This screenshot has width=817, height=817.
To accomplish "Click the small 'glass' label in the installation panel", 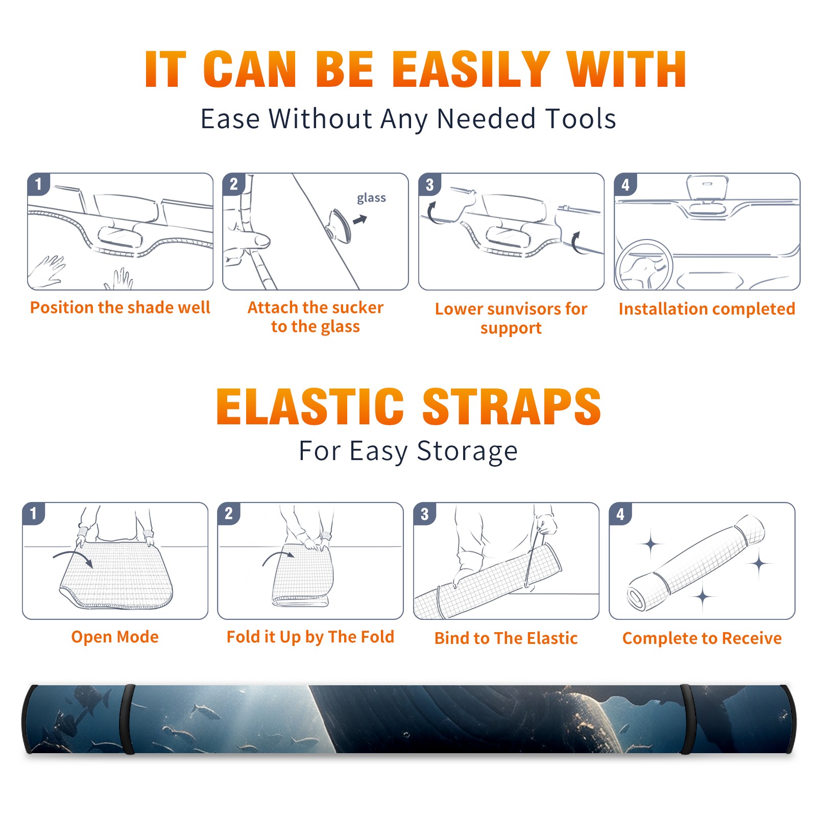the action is pyautogui.click(x=371, y=198).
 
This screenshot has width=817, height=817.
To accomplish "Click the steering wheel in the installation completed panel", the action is pyautogui.click(x=644, y=265).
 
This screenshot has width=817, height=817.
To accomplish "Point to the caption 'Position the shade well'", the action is pyautogui.click(x=120, y=307).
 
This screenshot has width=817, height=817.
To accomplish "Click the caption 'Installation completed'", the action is pyautogui.click(x=707, y=308).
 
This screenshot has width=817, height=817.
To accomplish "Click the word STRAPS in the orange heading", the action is pyautogui.click(x=512, y=406).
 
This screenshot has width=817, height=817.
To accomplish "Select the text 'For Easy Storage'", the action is pyautogui.click(x=408, y=451).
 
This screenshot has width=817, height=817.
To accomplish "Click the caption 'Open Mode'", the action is pyautogui.click(x=115, y=637).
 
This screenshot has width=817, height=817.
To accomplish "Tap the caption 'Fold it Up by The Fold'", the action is pyautogui.click(x=310, y=637).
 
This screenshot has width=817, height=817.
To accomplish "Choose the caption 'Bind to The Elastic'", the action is pyautogui.click(x=506, y=638).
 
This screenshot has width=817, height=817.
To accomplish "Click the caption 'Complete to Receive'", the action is pyautogui.click(x=702, y=638).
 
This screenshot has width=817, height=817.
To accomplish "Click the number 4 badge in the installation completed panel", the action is pyautogui.click(x=626, y=184).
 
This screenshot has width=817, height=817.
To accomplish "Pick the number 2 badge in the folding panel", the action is pyautogui.click(x=229, y=513).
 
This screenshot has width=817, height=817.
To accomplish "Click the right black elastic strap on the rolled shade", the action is pyautogui.click(x=686, y=719).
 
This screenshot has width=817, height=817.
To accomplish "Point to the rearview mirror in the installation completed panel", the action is pyautogui.click(x=707, y=187).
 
